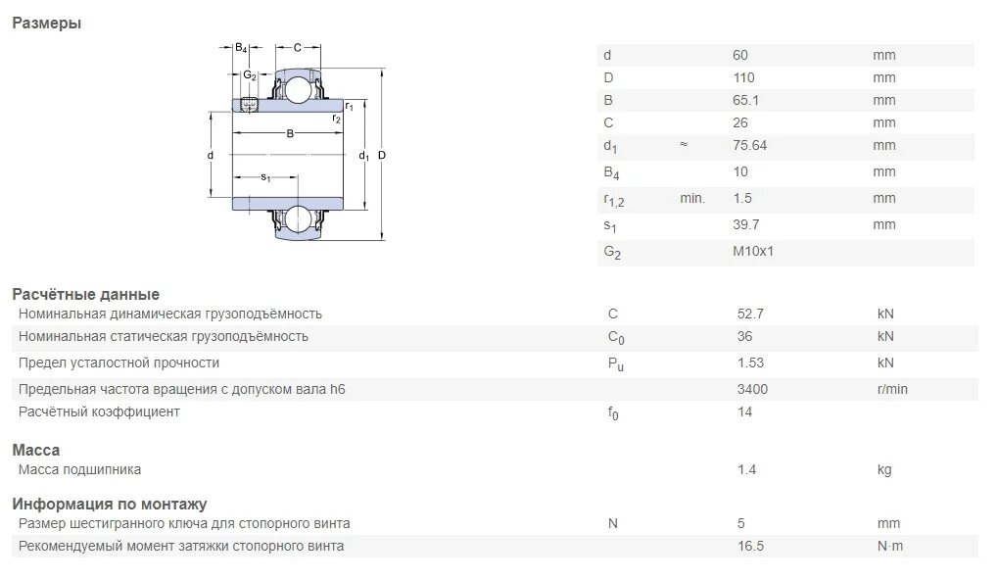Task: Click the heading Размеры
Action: (46, 24)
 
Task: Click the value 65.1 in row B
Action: (746, 100)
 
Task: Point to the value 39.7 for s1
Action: (746, 224)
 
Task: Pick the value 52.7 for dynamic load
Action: (750, 314)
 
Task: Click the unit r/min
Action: (892, 389)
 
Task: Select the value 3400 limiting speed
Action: (752, 389)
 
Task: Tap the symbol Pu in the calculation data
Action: (615, 362)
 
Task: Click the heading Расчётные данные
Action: (85, 294)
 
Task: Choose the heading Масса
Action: (35, 450)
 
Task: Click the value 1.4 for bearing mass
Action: (746, 469)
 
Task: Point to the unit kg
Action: (884, 469)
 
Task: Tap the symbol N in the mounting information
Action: (613, 523)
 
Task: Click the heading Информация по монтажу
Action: (109, 504)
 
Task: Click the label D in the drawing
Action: (381, 156)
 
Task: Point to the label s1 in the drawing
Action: (265, 177)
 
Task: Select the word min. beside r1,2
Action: (692, 198)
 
